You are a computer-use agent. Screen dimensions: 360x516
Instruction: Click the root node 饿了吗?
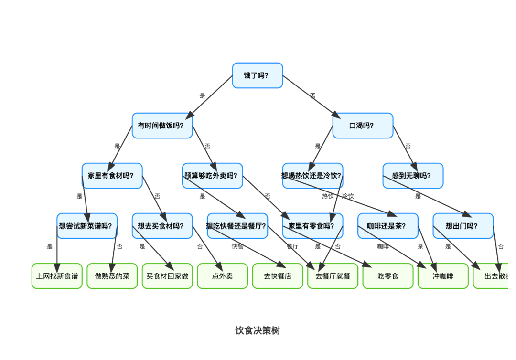pos(258,75)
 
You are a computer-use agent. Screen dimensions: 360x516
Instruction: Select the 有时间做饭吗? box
pos(162,126)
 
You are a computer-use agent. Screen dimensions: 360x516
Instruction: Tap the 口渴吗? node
pos(363,126)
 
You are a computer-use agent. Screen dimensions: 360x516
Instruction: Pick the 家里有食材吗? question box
pos(112,176)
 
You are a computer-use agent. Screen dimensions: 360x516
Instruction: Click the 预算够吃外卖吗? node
pos(212,176)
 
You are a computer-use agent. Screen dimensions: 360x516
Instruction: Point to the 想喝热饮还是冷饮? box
pos(312,176)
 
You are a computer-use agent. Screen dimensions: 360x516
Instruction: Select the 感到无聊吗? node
pos(413,176)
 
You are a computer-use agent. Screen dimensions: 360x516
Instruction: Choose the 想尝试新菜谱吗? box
pos(87,226)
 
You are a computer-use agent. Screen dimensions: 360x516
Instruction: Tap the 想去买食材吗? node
pos(162,226)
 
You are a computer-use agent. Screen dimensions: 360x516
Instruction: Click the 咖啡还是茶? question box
pos(387,226)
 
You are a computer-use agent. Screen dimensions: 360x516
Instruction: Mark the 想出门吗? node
pos(463,226)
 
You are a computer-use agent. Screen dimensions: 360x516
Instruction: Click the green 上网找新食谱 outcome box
pos(57,276)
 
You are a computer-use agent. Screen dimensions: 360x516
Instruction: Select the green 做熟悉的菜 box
pos(112,276)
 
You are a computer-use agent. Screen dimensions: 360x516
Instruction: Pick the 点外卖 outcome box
pos(222,276)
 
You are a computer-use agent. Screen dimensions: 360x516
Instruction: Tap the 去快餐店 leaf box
pos(278,276)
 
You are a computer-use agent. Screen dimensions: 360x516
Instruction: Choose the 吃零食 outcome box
pos(387,276)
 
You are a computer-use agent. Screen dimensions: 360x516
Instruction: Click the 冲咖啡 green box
pos(443,276)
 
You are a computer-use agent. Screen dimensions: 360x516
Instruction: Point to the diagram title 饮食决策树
pos(258,330)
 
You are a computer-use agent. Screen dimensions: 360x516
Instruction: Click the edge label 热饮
pos(328,196)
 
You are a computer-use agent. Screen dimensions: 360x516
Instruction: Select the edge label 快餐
pos(237,246)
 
